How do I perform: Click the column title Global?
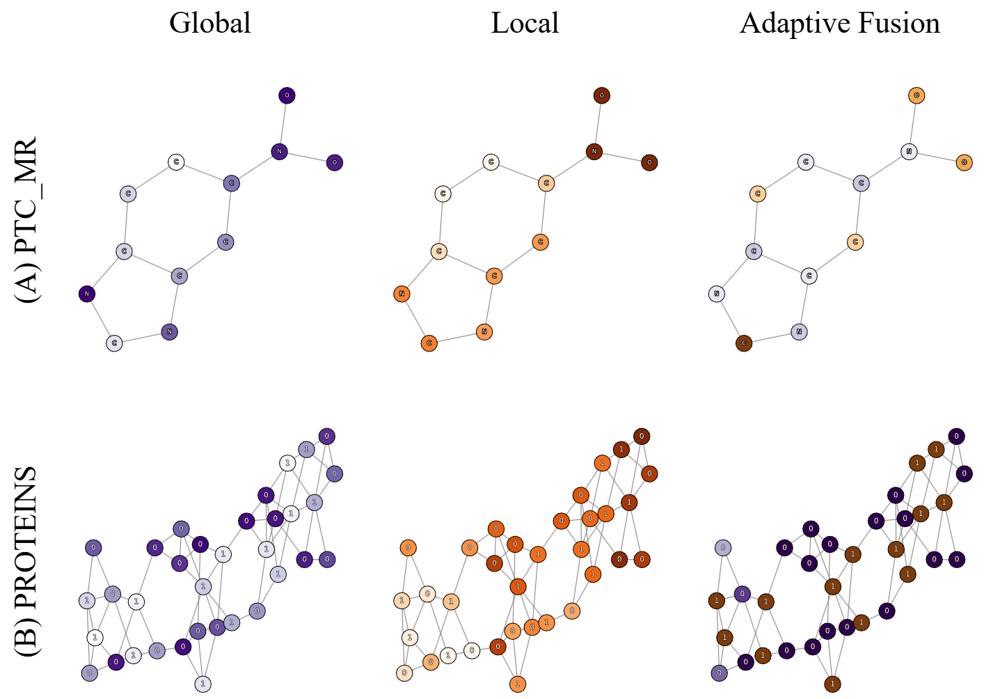click(209, 23)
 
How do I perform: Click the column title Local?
click(525, 23)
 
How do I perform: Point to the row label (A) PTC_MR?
click(27, 220)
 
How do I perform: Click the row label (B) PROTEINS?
click(27, 561)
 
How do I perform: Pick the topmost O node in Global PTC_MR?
click(287, 95)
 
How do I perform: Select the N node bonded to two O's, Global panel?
click(279, 151)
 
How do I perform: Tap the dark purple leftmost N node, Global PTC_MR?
click(87, 294)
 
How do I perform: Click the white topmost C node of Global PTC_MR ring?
click(176, 162)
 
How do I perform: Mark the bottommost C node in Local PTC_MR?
click(429, 343)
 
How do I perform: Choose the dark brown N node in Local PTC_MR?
click(594, 151)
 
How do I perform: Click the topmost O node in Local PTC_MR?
click(602, 95)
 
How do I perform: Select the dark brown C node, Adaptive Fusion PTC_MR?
click(744, 343)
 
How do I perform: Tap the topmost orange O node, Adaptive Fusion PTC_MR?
click(916, 95)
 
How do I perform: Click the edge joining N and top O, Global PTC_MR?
click(283, 123)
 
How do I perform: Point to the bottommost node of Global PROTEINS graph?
click(203, 684)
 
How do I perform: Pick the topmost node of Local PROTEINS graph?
click(642, 437)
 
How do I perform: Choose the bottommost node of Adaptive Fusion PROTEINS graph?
click(832, 684)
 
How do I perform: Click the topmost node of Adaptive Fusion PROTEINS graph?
click(956, 437)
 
